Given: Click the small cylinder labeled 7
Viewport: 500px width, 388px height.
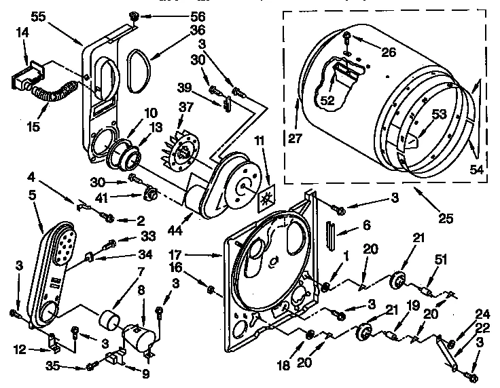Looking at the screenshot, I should (x=106, y=318).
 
